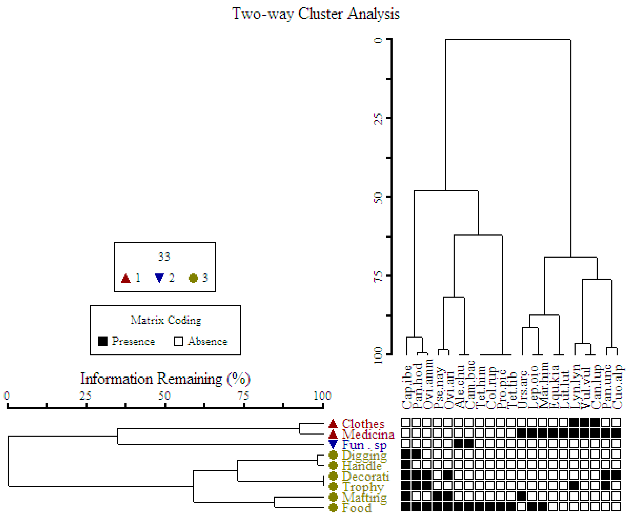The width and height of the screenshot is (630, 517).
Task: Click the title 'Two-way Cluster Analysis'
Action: (316, 14)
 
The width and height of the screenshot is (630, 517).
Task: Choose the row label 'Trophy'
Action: (363, 487)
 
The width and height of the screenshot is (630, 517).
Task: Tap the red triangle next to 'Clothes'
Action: (333, 423)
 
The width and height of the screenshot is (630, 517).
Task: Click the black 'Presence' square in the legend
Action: (103, 341)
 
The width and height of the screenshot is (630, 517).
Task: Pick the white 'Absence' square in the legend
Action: (178, 341)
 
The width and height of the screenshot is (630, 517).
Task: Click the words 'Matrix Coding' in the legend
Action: (166, 320)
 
